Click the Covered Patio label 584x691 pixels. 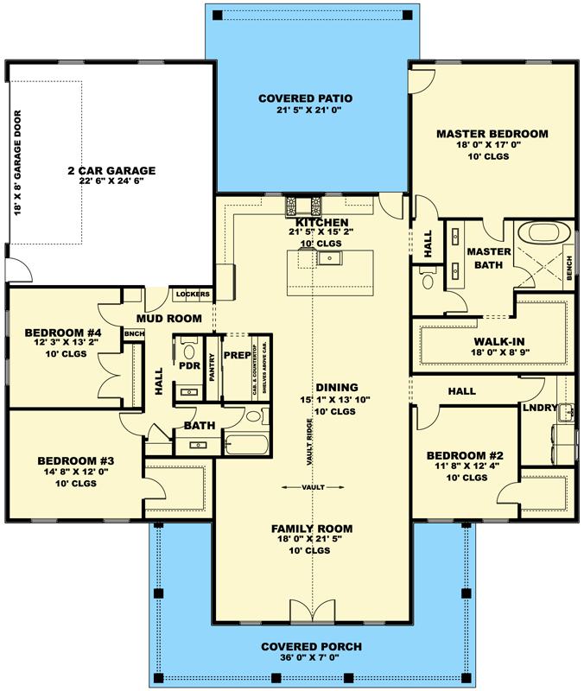[305, 98]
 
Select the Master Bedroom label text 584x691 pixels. [492, 134]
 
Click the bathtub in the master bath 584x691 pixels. [541, 234]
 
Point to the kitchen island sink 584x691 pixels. [329, 257]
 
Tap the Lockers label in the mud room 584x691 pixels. [193, 295]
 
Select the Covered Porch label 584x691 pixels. [311, 647]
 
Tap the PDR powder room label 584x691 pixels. [189, 365]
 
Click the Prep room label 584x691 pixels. [237, 355]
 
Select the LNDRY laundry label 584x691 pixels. [537, 406]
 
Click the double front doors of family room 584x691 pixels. [309, 612]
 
